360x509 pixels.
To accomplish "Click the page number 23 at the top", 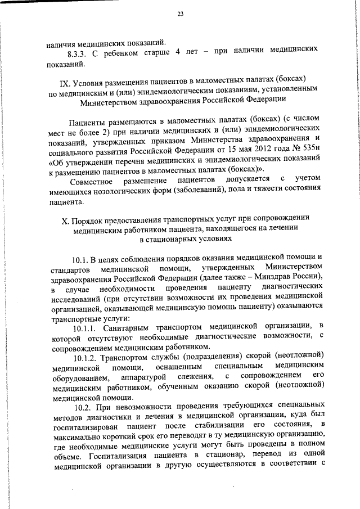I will click(180, 13).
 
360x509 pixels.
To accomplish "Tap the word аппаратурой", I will click(148, 377).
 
